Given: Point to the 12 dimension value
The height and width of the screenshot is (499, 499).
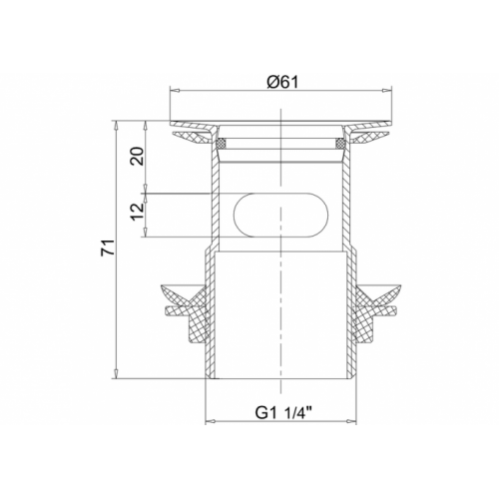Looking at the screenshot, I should click(139, 212).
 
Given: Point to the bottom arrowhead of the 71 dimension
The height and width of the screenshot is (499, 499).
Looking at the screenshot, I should click(118, 376).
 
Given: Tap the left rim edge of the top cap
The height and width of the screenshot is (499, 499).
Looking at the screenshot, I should click(173, 126).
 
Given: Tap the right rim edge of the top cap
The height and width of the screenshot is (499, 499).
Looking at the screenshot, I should click(388, 126).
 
